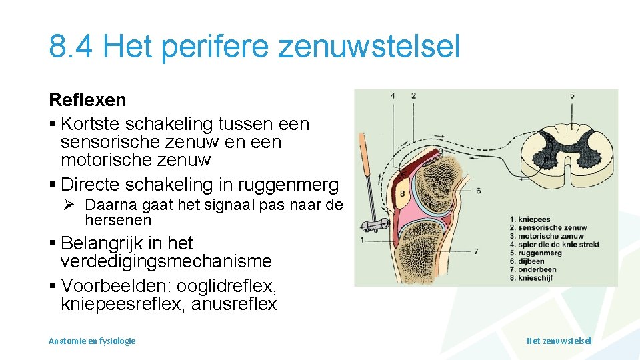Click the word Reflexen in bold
[87, 100]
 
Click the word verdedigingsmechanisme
[166, 261]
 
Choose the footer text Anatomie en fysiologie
[92, 341]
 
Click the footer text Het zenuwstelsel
[559, 341]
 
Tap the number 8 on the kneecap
[403, 194]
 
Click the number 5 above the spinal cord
[572, 96]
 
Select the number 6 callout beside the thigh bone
[479, 191]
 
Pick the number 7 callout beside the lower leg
[475, 251]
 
